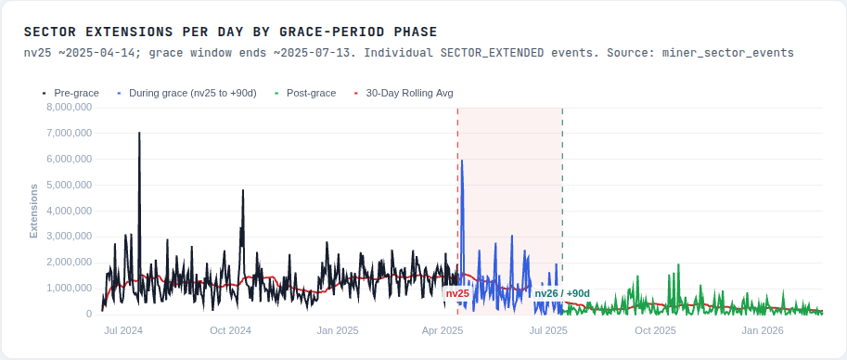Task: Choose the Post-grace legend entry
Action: pos(312,93)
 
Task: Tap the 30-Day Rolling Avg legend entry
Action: pos(409,93)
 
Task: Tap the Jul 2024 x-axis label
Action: pos(123,330)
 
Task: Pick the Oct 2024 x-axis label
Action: pos(230,330)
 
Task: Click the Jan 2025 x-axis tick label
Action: pos(338,330)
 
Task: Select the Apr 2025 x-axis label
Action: pos(443,330)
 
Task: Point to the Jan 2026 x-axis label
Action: pos(764,330)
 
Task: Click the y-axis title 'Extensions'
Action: pos(33,211)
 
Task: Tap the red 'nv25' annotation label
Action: pos(457,293)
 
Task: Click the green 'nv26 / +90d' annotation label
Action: pos(562,293)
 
